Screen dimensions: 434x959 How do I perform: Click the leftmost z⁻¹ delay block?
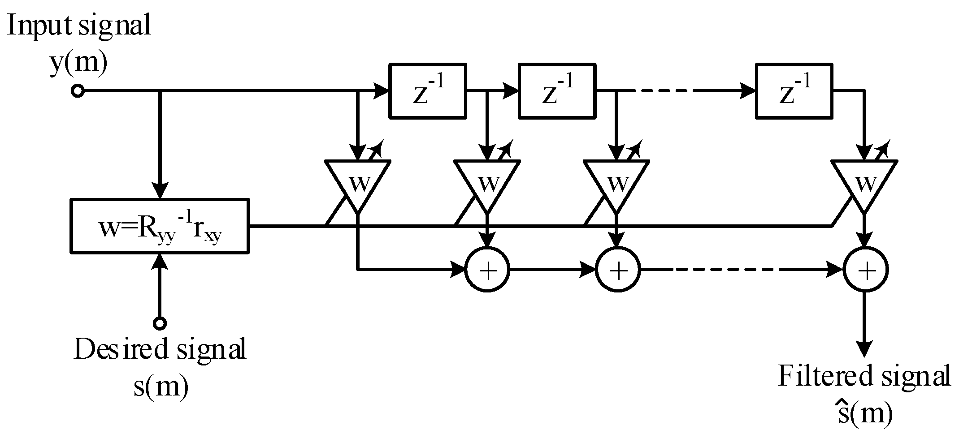428,91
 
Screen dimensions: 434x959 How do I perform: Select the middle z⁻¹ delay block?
557,91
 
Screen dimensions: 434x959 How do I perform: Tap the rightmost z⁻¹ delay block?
794,91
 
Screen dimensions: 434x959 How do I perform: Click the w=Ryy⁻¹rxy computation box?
160,226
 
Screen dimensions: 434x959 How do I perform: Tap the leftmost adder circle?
487,270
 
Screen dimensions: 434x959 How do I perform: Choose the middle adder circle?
617,270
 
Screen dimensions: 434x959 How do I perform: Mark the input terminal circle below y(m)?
78,91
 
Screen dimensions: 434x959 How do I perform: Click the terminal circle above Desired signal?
160,323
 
